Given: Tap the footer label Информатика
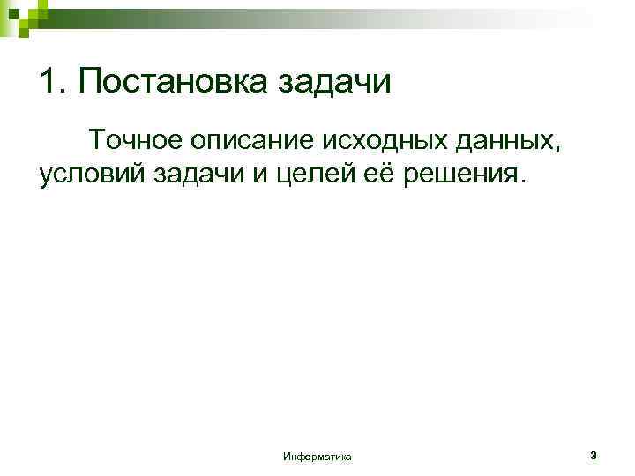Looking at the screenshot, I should point(317,457).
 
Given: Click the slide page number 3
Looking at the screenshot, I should point(594,456).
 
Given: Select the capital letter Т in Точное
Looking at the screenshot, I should point(95,139).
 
